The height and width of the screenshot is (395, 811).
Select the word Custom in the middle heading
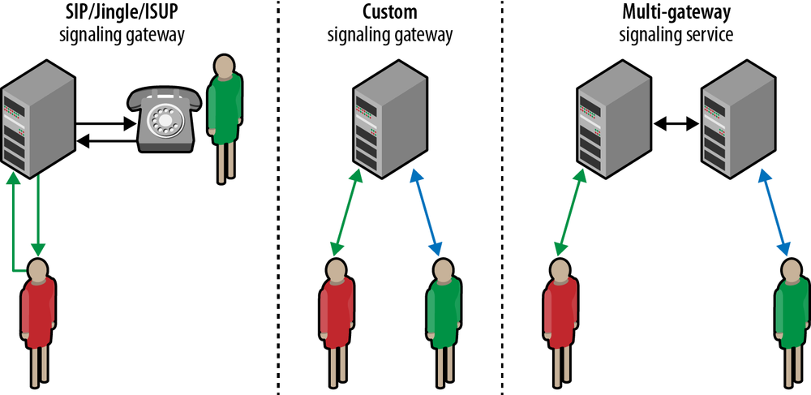tap(389, 15)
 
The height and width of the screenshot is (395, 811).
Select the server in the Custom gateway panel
tap(390, 122)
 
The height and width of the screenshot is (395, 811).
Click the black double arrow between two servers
tap(676, 123)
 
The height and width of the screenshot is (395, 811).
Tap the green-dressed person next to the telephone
tap(223, 114)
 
